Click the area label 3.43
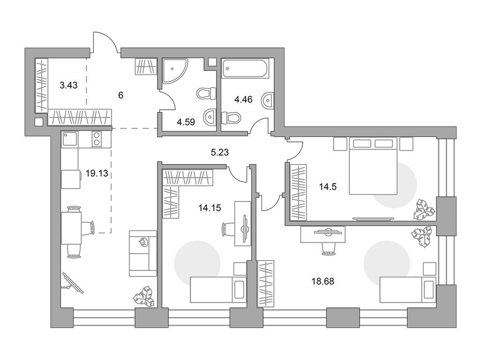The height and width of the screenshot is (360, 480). coord(68,85)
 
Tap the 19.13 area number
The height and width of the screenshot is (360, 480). coord(97,172)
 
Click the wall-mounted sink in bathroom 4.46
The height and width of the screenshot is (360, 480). coord(267,100)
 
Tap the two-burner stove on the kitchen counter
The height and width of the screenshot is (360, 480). coord(96,139)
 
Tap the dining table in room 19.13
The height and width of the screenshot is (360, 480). coord(71,227)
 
